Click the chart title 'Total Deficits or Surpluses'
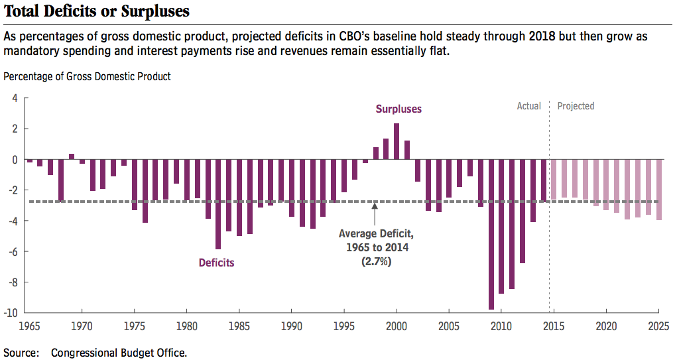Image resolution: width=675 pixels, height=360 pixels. [x=97, y=11]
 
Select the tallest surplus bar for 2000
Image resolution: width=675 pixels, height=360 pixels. [x=397, y=141]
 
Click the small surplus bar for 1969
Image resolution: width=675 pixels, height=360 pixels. [x=72, y=156]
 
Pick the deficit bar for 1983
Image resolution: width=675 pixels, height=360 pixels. [x=218, y=204]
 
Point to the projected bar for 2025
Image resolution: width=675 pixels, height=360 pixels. [x=658, y=190]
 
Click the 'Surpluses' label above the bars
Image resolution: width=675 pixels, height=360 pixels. [x=399, y=109]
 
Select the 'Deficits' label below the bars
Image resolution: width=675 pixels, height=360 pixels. [x=217, y=263]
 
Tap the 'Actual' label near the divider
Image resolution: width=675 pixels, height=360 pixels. [x=529, y=106]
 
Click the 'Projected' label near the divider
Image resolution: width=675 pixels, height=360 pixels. [x=576, y=106]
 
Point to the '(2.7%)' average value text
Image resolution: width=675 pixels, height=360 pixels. [x=375, y=262]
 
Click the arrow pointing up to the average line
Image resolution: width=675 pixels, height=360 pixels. [x=375, y=214]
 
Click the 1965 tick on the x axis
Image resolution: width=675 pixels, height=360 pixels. [x=30, y=326]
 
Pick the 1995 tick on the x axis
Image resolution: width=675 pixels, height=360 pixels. [x=343, y=326]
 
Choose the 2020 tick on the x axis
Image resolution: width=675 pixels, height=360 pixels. [x=606, y=326]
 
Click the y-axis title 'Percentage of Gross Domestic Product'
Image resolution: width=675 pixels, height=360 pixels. [x=87, y=76]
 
